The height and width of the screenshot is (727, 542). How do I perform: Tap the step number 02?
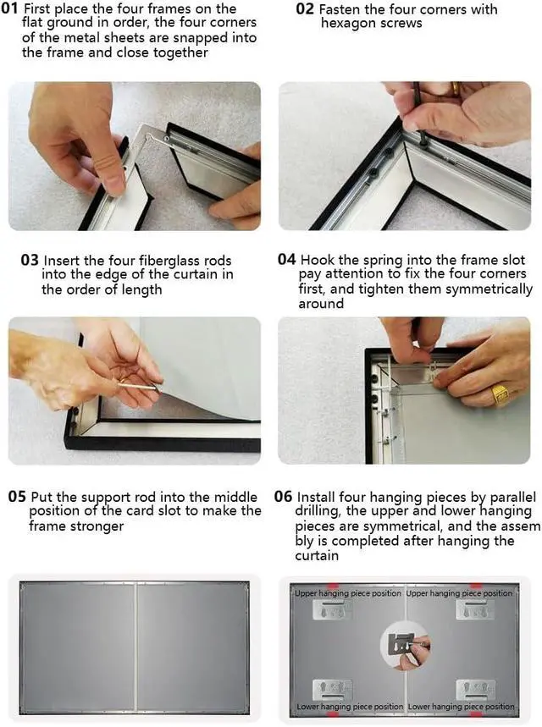pyautogui.click(x=305, y=8)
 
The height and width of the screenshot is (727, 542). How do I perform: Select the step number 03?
pyautogui.click(x=30, y=260)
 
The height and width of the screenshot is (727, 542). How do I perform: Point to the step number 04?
pyautogui.click(x=287, y=259)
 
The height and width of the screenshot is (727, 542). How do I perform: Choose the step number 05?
pyautogui.click(x=17, y=497)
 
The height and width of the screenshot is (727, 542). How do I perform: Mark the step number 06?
pyautogui.click(x=283, y=497)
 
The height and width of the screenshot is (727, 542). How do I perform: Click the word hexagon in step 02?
pyautogui.click(x=346, y=23)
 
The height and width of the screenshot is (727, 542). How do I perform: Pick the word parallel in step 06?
pyautogui.click(x=512, y=498)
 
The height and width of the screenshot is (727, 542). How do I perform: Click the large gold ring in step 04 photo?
pyautogui.click(x=501, y=395)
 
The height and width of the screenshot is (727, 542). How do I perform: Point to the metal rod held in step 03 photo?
pyautogui.click(x=139, y=384)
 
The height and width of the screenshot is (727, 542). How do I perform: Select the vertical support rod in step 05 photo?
pyautogui.click(x=135, y=648)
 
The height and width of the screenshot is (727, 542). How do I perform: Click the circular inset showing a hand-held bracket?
pyautogui.click(x=405, y=645)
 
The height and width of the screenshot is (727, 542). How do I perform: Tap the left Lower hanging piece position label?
pyautogui.click(x=350, y=707)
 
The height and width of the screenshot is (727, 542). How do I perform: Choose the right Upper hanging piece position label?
pyautogui.click(x=459, y=593)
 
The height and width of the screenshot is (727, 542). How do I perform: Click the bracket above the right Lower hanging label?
pyautogui.click(x=476, y=689)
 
